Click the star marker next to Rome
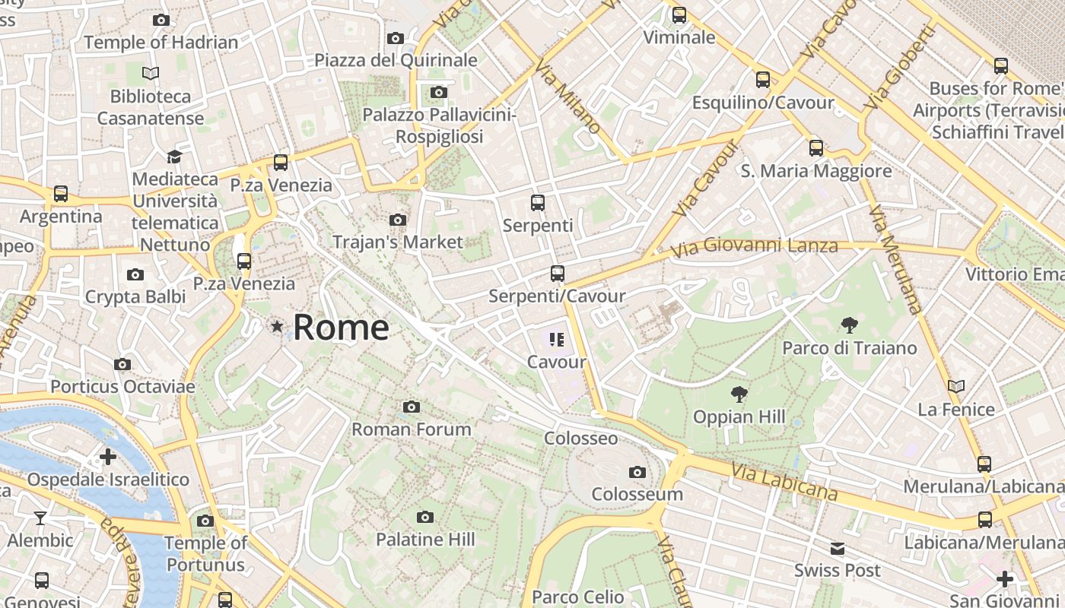click(x=277, y=327)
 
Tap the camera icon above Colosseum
click(x=637, y=472)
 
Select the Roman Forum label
click(x=411, y=429)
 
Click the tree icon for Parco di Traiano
click(x=850, y=325)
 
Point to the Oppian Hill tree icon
click(x=738, y=394)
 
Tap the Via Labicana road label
click(x=784, y=482)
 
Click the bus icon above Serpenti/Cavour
click(x=558, y=274)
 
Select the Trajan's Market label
click(x=397, y=242)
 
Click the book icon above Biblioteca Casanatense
click(x=151, y=74)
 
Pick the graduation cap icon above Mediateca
click(x=174, y=157)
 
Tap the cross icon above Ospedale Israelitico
click(x=107, y=457)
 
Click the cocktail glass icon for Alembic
click(x=40, y=518)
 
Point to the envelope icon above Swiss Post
click(x=837, y=548)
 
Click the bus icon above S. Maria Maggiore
click(x=816, y=147)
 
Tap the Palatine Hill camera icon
click(x=425, y=517)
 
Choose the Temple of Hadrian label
click(x=161, y=43)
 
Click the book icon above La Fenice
click(x=956, y=387)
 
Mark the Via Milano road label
click(x=567, y=97)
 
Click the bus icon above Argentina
click(x=61, y=194)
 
